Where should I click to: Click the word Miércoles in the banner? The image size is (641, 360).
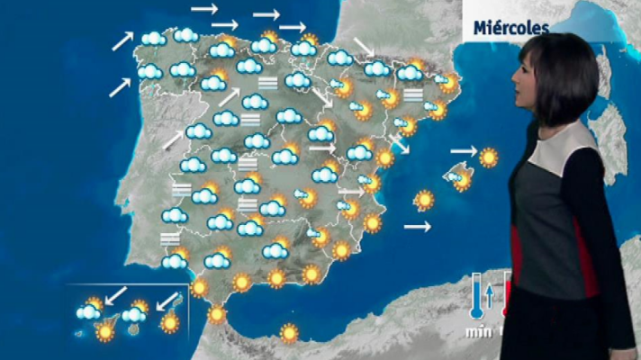[x=511, y=28]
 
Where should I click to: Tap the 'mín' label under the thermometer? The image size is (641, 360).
[x=474, y=333]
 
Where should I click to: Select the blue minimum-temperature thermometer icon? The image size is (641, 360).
[x=474, y=298]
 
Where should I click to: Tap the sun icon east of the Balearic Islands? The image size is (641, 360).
[x=489, y=157]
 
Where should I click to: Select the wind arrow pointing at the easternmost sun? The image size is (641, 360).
[x=463, y=150]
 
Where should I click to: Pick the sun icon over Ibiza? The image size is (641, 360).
[x=424, y=199]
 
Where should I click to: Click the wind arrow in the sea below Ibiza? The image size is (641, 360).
[x=417, y=228]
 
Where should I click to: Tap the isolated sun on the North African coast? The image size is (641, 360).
[x=289, y=333]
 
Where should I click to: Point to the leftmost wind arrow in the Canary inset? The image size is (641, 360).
[x=114, y=295]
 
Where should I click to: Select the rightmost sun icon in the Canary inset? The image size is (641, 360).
[x=168, y=321]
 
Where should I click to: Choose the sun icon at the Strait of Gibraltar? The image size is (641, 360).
[x=217, y=314]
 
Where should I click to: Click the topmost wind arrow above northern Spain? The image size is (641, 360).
[x=204, y=8]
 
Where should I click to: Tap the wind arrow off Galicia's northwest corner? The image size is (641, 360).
[x=122, y=40]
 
